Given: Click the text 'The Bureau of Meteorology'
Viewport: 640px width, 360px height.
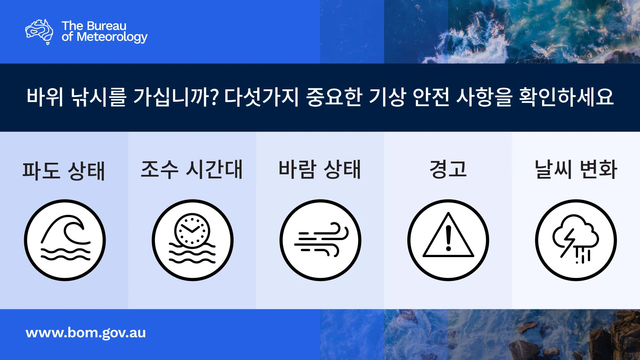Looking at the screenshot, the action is [x=104, y=32].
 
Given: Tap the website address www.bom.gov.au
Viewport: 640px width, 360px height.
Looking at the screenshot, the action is [x=86, y=333].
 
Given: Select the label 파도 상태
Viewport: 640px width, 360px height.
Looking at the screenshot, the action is [x=64, y=171].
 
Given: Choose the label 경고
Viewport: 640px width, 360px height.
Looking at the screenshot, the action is [x=448, y=169].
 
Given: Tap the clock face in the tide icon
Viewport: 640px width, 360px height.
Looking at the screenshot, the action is [x=192, y=230].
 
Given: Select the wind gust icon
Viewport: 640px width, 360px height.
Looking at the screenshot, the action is [x=321, y=239].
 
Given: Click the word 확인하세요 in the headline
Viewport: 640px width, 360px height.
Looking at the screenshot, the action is [x=567, y=97].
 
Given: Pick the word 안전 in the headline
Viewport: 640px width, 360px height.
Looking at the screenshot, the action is [x=431, y=97].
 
